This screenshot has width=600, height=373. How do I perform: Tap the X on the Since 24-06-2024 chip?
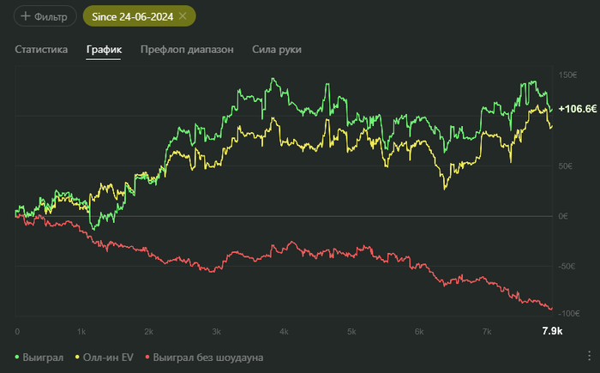click(183, 16)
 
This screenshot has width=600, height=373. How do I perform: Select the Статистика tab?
click(41, 50)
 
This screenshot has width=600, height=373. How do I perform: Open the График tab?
click(104, 50)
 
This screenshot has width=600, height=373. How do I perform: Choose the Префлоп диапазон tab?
click(187, 50)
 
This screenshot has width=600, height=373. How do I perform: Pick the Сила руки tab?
click(277, 50)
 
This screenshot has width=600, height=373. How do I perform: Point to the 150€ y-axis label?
click(567, 75)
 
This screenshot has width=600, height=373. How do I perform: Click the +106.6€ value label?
click(577, 109)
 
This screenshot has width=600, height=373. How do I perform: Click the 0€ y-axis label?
click(563, 216)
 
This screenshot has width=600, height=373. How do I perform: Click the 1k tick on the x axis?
click(81, 331)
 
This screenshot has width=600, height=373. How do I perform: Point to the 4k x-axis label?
click(284, 331)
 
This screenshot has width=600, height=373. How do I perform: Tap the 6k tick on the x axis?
click(419, 331)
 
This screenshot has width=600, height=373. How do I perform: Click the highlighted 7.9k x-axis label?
click(552, 331)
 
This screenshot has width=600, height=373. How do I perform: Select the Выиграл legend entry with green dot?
click(40, 357)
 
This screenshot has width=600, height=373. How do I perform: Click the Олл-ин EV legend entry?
click(106, 357)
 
